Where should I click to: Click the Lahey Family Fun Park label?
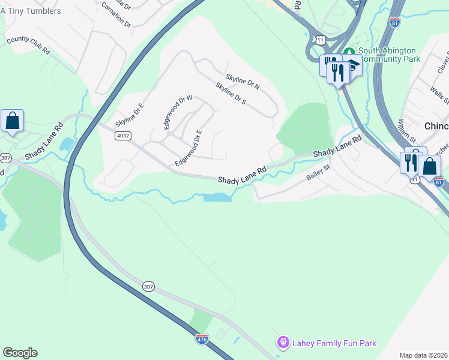[x=334, y=343]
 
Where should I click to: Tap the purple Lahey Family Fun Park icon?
[x=283, y=343]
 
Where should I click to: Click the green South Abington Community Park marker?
[x=349, y=51]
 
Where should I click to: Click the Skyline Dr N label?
[x=243, y=82]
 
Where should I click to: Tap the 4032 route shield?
[x=122, y=136]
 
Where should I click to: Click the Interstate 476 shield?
[x=202, y=340]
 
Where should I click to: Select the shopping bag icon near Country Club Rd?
[x=12, y=121]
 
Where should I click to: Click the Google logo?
[x=20, y=353]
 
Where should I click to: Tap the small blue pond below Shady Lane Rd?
[x=217, y=197]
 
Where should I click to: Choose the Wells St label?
[x=436, y=95]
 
